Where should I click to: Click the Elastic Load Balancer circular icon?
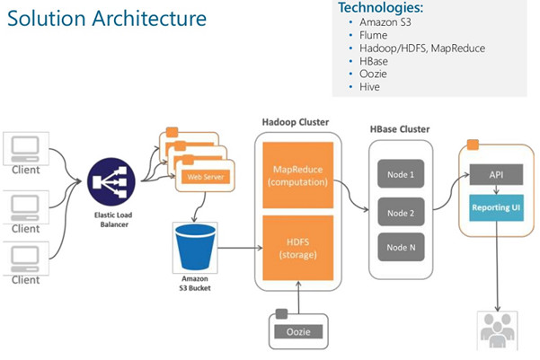[111, 181]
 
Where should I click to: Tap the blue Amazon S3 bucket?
[195, 247]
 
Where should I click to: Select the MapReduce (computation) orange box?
[298, 175]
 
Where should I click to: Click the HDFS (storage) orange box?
[298, 248]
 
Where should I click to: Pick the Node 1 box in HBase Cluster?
[401, 174]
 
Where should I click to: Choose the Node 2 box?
[401, 212]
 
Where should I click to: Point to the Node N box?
[401, 247]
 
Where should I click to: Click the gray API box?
[496, 174]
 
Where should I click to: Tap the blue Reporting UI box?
[496, 208]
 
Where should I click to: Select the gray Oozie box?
[298, 332]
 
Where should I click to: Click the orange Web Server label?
[206, 177]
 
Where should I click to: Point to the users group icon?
[497, 330]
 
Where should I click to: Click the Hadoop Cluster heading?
[296, 122]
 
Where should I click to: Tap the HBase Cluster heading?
[400, 129]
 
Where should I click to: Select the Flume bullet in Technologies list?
[373, 35]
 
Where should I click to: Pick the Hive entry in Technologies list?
[369, 87]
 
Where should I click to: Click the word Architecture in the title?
[149, 18]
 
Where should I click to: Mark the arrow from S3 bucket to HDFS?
[240, 248]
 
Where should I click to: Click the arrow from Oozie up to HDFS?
[298, 297]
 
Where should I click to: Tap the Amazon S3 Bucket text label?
[195, 284]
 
